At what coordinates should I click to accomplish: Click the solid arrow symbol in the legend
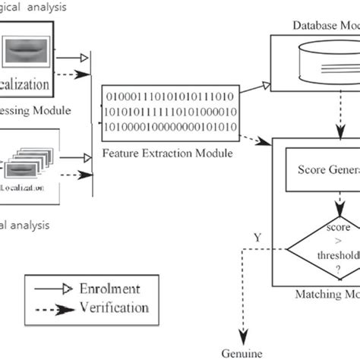point(51,289)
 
